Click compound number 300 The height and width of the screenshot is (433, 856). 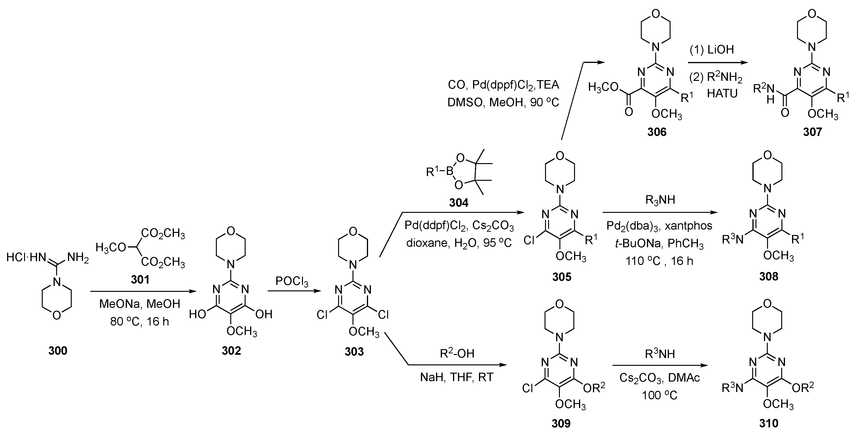point(58,351)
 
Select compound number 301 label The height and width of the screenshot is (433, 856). point(140,280)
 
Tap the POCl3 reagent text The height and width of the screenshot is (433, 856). point(292,282)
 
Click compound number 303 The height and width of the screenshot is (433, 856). point(354,351)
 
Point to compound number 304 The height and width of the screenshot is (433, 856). point(459,202)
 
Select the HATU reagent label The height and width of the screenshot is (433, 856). point(722,94)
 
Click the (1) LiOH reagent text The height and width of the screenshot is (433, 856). point(711,50)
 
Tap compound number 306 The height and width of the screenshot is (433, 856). point(657,132)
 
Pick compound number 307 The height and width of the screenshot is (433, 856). point(813,132)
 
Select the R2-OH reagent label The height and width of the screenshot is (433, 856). point(457,354)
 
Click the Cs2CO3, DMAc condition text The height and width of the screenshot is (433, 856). point(659,378)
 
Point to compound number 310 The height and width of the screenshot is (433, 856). point(769,423)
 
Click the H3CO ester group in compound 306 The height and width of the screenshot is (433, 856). point(603,87)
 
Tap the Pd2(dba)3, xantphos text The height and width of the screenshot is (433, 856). point(659,226)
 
